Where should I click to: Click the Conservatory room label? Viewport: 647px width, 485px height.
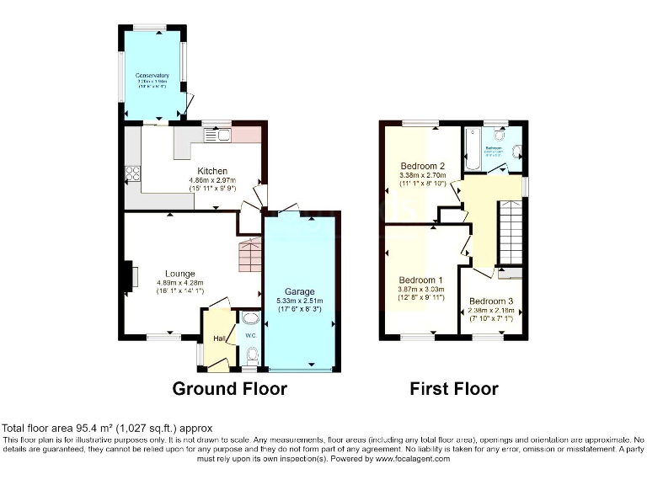tap(152, 76)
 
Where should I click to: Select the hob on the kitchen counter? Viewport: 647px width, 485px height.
tap(132, 174)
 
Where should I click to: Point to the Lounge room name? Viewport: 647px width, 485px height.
tap(180, 274)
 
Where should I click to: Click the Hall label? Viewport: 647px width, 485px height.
tap(218, 338)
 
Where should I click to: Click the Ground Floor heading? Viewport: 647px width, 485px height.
tap(229, 388)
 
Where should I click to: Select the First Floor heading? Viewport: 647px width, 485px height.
tap(453, 388)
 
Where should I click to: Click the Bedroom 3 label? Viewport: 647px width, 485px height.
tap(490, 301)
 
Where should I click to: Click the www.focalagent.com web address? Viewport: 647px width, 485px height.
tap(420, 459)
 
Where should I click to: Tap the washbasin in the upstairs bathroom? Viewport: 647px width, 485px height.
tap(516, 152)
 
